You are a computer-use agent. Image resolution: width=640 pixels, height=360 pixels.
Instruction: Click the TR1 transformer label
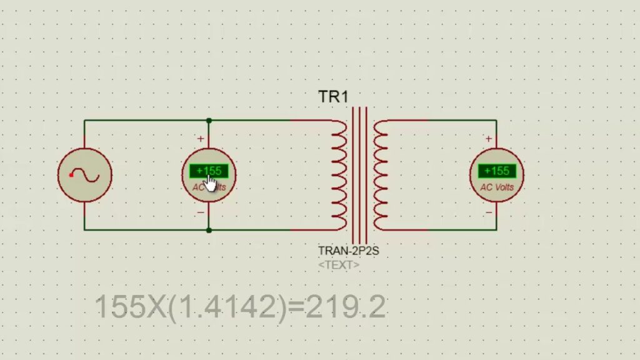(x=334, y=97)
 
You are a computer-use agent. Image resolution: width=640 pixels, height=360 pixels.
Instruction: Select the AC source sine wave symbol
(x=84, y=175)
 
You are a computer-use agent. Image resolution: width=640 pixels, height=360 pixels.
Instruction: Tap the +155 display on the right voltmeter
(x=497, y=171)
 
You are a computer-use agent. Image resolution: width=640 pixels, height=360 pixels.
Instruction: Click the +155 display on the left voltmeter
(x=209, y=171)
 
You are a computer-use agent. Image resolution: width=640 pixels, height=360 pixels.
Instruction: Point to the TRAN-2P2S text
(x=349, y=251)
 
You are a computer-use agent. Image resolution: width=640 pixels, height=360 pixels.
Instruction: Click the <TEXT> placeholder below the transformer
(x=339, y=265)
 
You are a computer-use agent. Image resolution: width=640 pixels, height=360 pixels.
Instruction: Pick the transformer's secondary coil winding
(x=379, y=175)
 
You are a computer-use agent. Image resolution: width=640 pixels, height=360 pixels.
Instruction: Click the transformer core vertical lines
(x=359, y=175)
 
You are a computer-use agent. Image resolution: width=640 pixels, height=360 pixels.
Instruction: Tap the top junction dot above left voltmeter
(x=209, y=121)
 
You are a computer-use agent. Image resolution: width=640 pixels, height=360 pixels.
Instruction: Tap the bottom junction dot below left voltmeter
(x=209, y=230)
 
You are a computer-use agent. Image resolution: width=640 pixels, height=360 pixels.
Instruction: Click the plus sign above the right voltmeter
(x=489, y=139)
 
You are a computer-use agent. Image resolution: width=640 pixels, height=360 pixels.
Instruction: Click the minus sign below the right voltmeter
(x=489, y=212)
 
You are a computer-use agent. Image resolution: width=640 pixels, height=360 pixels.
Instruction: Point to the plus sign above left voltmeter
(x=201, y=139)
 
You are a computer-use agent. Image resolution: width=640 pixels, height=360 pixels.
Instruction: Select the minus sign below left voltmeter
(x=201, y=212)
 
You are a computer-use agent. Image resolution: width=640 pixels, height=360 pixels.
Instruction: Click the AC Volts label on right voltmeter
(x=497, y=187)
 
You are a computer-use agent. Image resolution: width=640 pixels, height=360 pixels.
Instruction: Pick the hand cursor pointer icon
(x=211, y=184)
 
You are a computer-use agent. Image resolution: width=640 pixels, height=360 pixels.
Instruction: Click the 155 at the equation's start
(x=119, y=307)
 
